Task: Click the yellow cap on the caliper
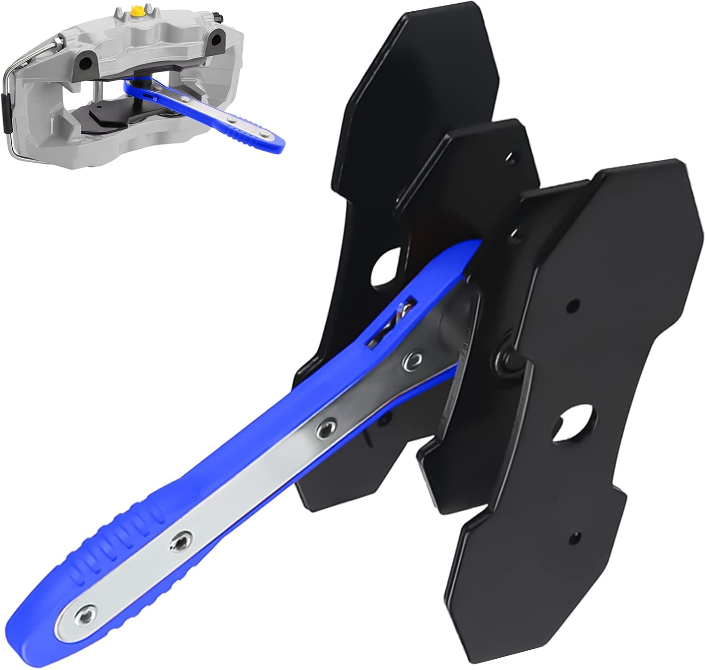tap(137, 10)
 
